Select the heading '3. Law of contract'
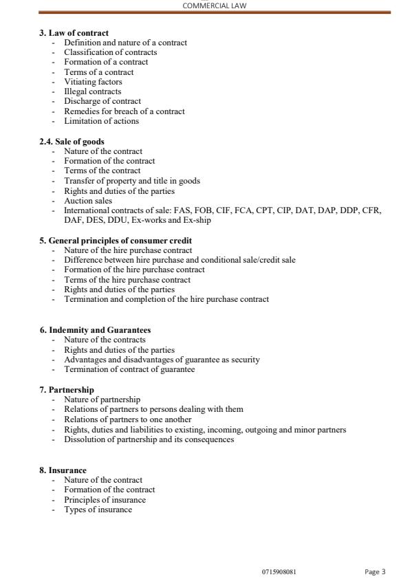(x=74, y=33)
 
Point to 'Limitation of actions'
(x=101, y=121)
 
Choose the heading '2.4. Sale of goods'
(x=72, y=142)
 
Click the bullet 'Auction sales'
(x=88, y=201)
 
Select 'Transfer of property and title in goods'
(x=132, y=181)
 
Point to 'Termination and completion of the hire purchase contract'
(x=166, y=299)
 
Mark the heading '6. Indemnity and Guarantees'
(x=95, y=330)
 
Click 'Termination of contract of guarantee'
(x=129, y=369)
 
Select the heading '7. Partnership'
(x=67, y=390)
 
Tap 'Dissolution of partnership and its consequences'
(x=149, y=439)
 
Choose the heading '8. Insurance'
(x=63, y=470)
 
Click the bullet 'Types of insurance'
(x=98, y=510)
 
